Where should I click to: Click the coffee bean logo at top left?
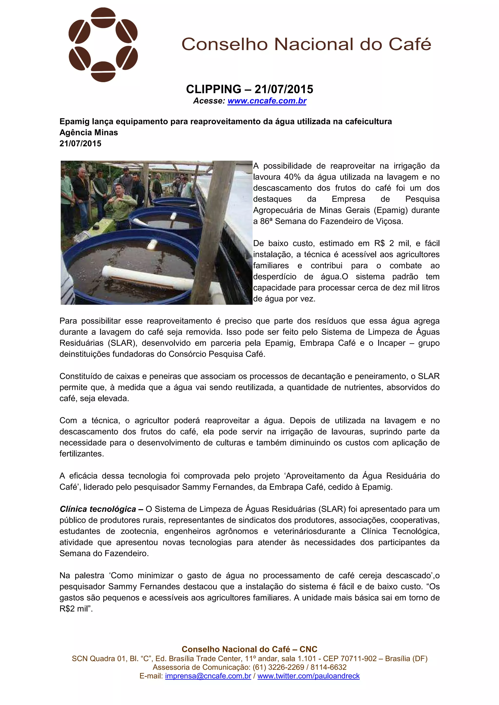pyautogui.click(x=103, y=45)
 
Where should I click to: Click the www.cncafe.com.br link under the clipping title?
pyautogui.click(x=267, y=101)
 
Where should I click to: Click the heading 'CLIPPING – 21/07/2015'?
pyautogui.click(x=249, y=89)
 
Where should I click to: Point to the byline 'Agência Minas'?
pyautogui.click(x=88, y=133)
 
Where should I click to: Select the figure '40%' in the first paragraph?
pyautogui.click(x=292, y=177)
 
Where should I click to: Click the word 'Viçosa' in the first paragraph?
pyautogui.click(x=390, y=221)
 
